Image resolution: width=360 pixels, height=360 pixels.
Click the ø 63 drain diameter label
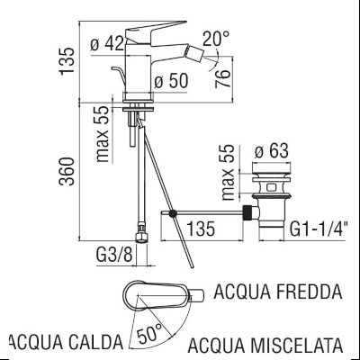[270, 150]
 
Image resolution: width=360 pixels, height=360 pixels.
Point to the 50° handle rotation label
[148, 332]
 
